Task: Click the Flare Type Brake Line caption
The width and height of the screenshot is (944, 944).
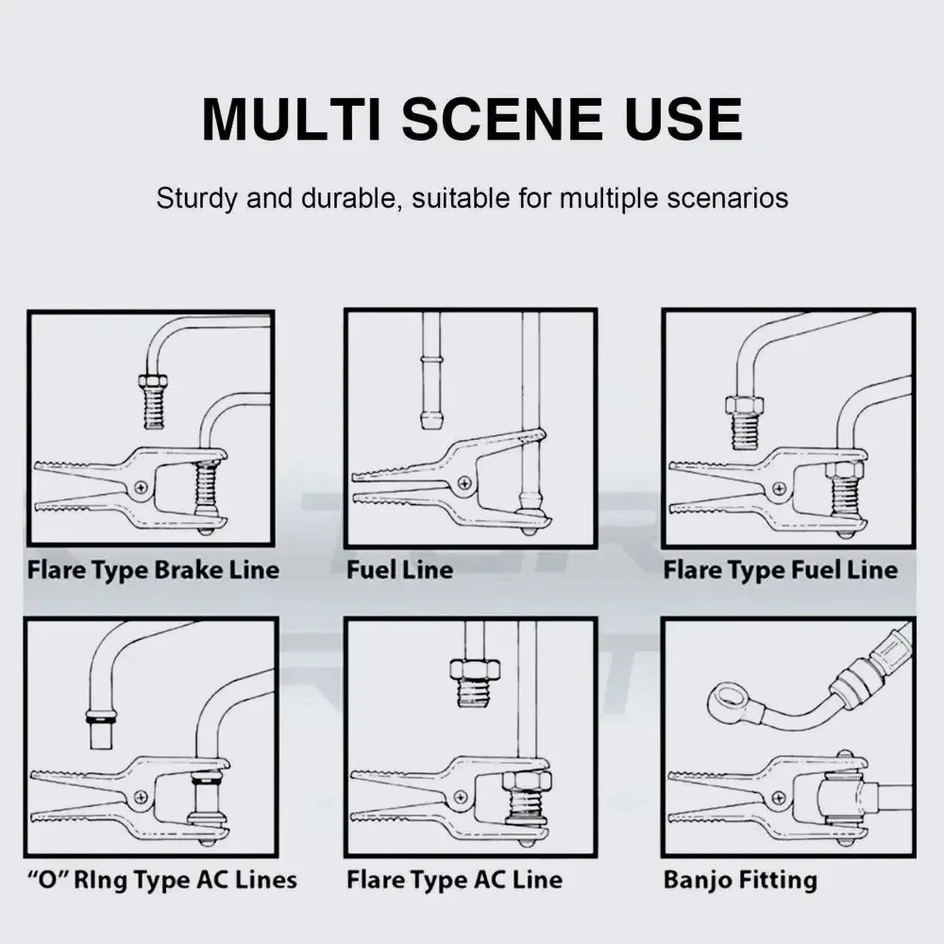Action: point(154,569)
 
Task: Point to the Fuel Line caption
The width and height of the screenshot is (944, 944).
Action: point(399,569)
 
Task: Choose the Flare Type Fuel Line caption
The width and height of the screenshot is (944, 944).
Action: point(781,569)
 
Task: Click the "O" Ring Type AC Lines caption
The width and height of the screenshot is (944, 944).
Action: point(162,880)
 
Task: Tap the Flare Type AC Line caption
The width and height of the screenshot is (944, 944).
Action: point(455,880)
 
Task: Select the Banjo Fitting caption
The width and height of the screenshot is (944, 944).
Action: point(740,880)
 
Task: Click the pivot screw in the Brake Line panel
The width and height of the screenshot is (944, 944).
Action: point(141,487)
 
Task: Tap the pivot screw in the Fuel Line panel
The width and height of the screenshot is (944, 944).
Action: point(464,482)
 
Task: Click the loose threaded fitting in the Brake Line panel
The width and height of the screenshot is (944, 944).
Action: point(153,400)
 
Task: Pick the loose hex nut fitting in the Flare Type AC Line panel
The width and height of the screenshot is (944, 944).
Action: point(475,683)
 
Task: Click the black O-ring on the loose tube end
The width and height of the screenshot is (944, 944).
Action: point(101,718)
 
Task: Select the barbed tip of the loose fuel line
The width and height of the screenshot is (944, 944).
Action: point(430,420)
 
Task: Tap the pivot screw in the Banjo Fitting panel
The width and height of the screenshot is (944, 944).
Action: point(779,799)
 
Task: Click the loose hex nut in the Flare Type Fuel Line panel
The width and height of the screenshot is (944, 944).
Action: point(744,405)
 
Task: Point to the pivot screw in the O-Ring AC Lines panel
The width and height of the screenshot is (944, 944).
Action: point(141,797)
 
